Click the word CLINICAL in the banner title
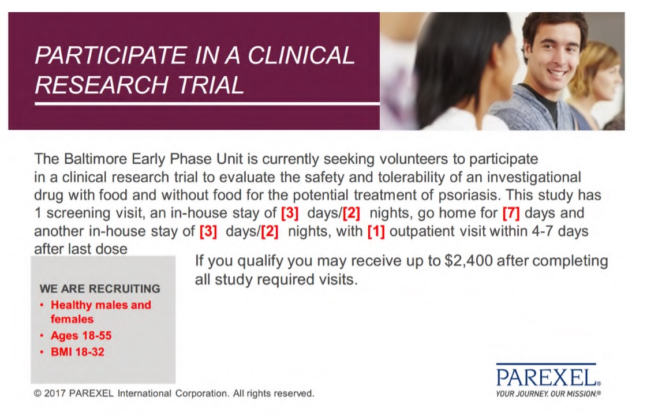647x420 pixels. [x=301, y=55]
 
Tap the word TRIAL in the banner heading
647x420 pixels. [x=211, y=85]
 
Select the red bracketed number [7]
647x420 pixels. [x=511, y=213]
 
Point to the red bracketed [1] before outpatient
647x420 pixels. [x=376, y=231]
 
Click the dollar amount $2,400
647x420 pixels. [x=468, y=261]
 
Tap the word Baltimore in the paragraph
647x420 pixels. [x=95, y=159]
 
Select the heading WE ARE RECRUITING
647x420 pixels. [x=100, y=288]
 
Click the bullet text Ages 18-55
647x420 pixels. [x=81, y=335]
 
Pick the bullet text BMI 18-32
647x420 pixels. [x=77, y=352]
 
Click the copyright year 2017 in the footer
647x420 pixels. [x=55, y=393]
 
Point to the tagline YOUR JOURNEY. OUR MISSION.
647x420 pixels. [x=548, y=394]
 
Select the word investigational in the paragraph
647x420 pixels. [x=534, y=178]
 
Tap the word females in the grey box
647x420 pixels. [x=72, y=319]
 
